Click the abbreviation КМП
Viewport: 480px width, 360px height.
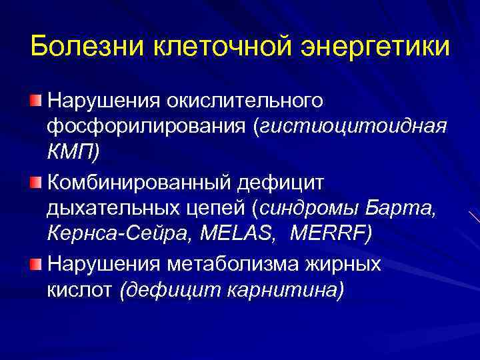[70, 153]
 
